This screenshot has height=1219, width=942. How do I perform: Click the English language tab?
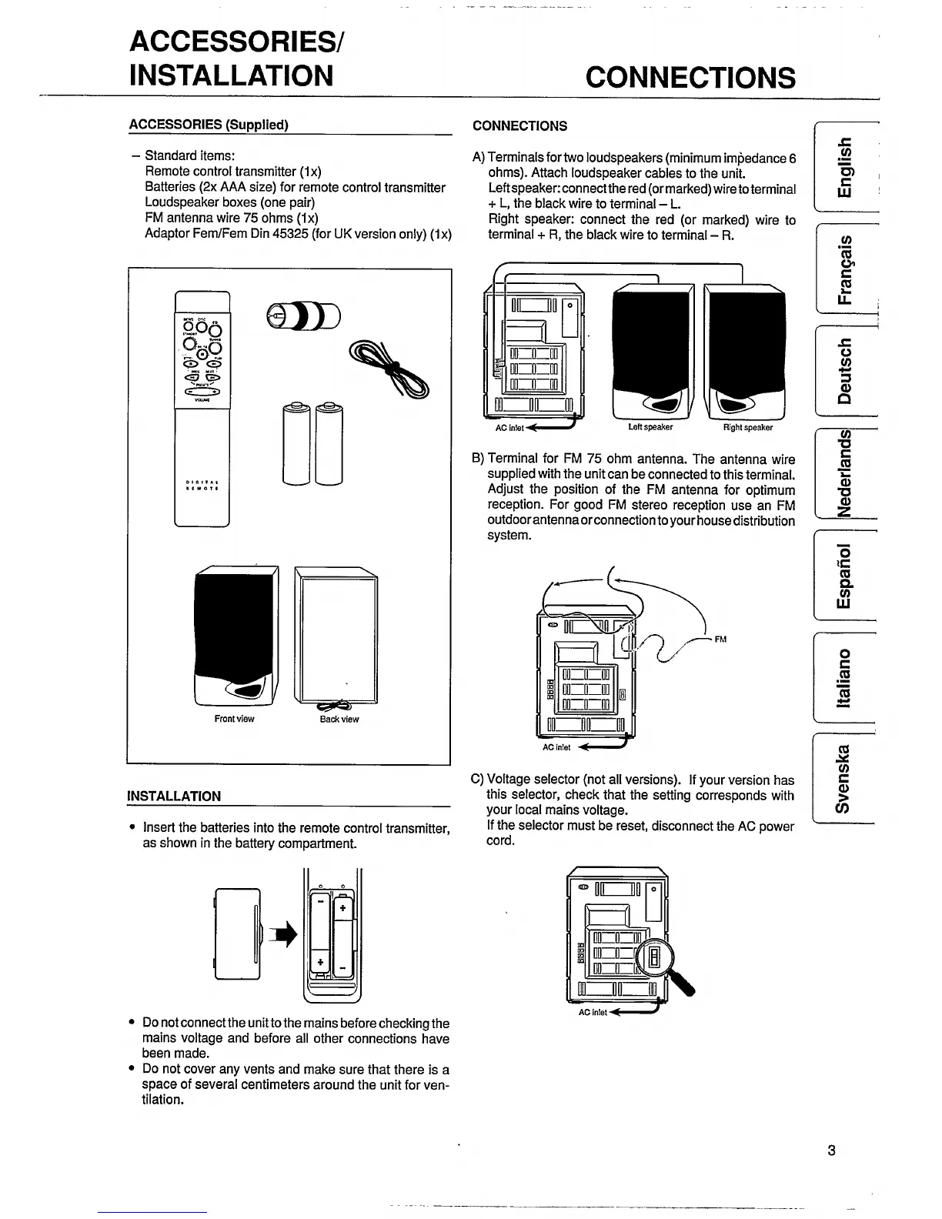(844, 166)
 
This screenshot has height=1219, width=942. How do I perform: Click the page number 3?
(831, 1151)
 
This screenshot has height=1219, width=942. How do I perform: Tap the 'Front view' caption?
(234, 719)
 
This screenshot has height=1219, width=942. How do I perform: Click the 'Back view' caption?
(339, 719)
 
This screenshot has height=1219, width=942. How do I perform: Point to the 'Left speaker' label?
(650, 427)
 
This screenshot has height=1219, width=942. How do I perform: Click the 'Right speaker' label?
(747, 427)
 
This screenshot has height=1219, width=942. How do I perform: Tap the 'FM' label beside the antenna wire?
(721, 639)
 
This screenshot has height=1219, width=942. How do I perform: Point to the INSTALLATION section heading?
(174, 796)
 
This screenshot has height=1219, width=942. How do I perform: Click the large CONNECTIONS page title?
(690, 77)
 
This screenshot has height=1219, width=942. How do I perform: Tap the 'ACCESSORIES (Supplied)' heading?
(209, 125)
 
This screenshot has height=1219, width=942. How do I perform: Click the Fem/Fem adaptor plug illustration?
(302, 314)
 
